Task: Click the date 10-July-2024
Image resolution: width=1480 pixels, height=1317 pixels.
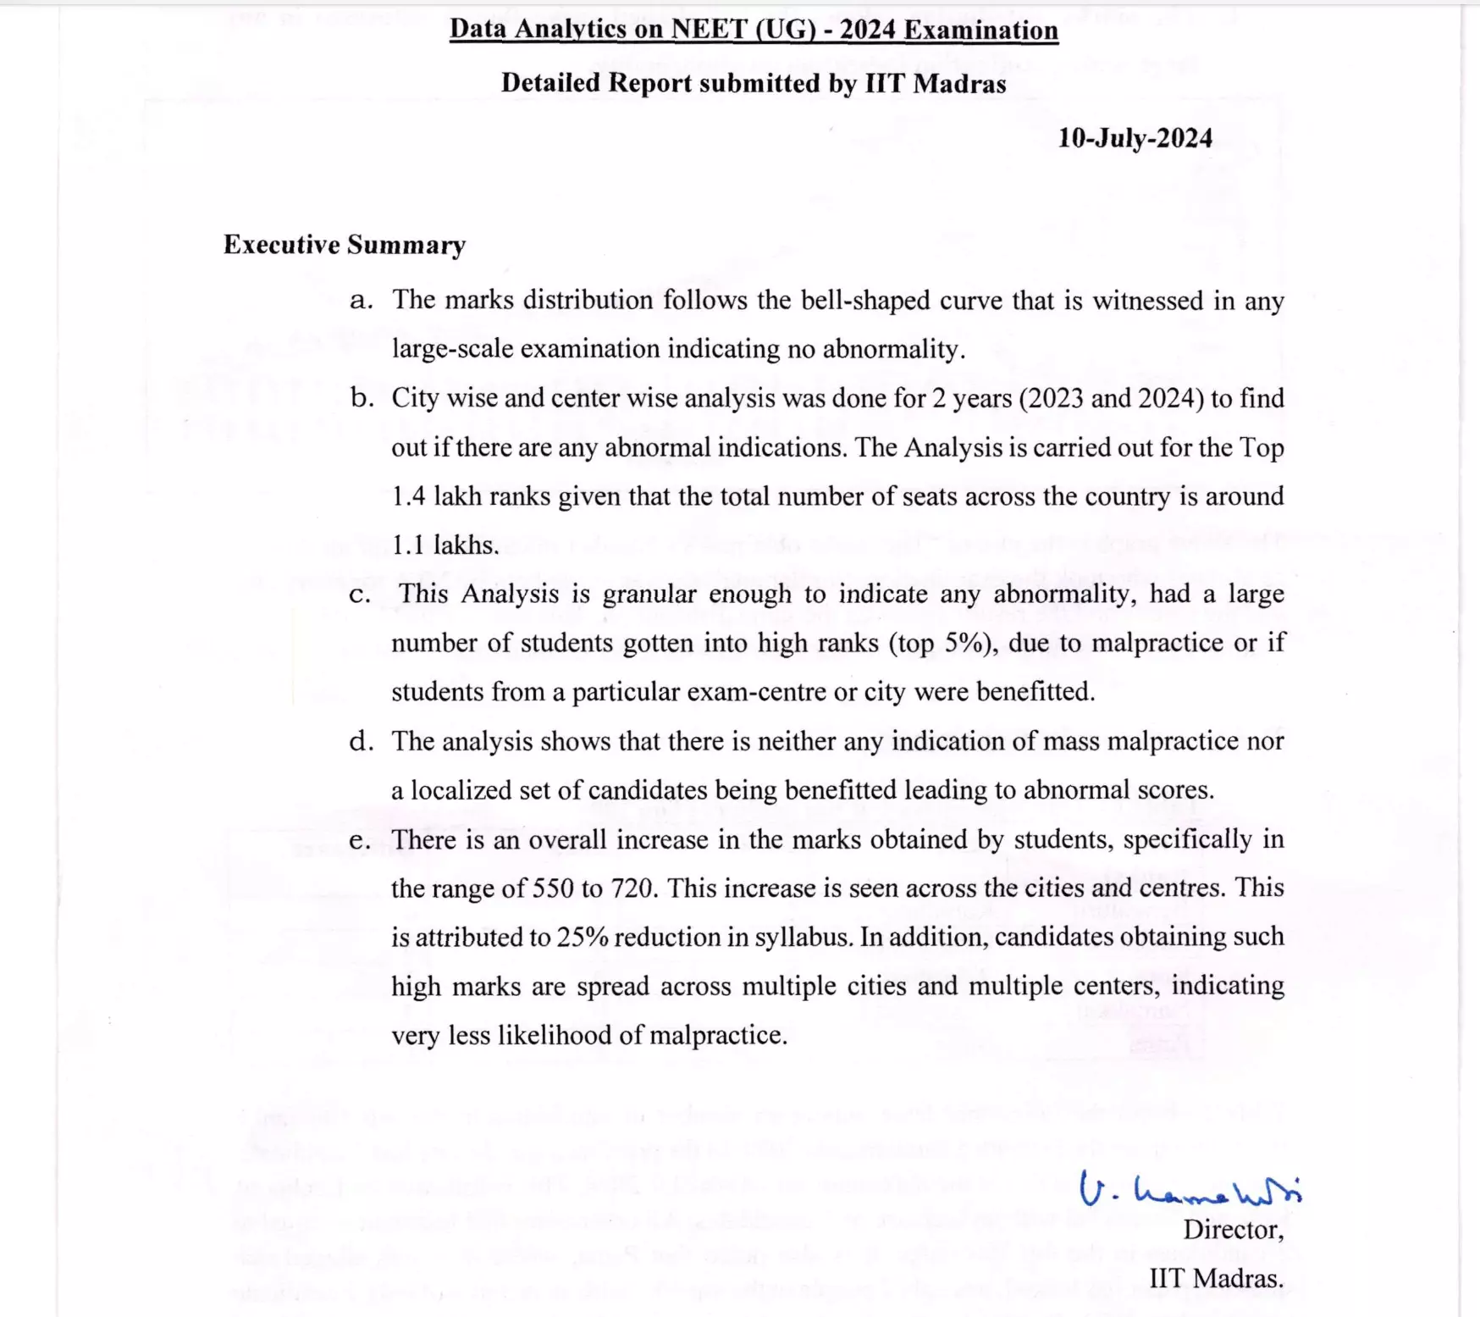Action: (1135, 138)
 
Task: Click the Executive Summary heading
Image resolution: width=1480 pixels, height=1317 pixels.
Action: (345, 245)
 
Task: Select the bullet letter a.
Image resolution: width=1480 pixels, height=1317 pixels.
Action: (361, 301)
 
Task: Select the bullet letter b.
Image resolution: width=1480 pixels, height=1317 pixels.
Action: (362, 398)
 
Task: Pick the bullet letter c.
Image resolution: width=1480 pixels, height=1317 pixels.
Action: (360, 595)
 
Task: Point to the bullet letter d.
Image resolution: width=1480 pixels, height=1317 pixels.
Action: (362, 741)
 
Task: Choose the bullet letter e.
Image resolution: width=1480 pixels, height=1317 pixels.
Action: (360, 840)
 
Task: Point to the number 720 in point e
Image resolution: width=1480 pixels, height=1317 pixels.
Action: (632, 888)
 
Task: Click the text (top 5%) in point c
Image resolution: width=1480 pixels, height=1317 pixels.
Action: (942, 644)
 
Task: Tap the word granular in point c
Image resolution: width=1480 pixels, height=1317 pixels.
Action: (650, 595)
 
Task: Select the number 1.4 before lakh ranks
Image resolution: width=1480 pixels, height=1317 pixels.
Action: (409, 496)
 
